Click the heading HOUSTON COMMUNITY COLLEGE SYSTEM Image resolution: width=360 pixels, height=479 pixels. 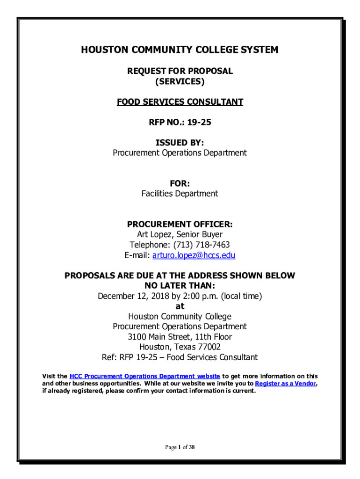coord(180,50)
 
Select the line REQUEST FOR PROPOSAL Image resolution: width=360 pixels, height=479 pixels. coord(180,71)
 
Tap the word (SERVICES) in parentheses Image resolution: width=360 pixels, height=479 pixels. coord(180,81)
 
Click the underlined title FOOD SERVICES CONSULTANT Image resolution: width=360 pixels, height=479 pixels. coord(180,102)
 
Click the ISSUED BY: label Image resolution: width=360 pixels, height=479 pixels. coord(180,143)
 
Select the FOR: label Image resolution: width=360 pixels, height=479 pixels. coord(180,183)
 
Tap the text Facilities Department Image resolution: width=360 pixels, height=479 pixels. coord(180,194)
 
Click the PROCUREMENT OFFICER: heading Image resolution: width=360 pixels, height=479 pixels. coord(180,224)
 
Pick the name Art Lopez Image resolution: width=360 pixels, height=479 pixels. coord(153,234)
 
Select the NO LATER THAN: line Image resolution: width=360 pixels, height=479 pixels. coord(180,286)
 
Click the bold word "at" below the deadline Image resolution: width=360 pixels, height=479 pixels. coord(180,306)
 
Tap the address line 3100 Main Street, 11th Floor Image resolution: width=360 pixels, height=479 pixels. coord(180,337)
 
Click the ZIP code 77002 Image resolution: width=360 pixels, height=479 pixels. coord(208,347)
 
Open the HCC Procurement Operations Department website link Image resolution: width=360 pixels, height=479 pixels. coord(144,377)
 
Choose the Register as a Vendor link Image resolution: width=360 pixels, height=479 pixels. coord(285,384)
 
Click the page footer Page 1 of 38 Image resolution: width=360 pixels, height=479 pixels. coord(180,448)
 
